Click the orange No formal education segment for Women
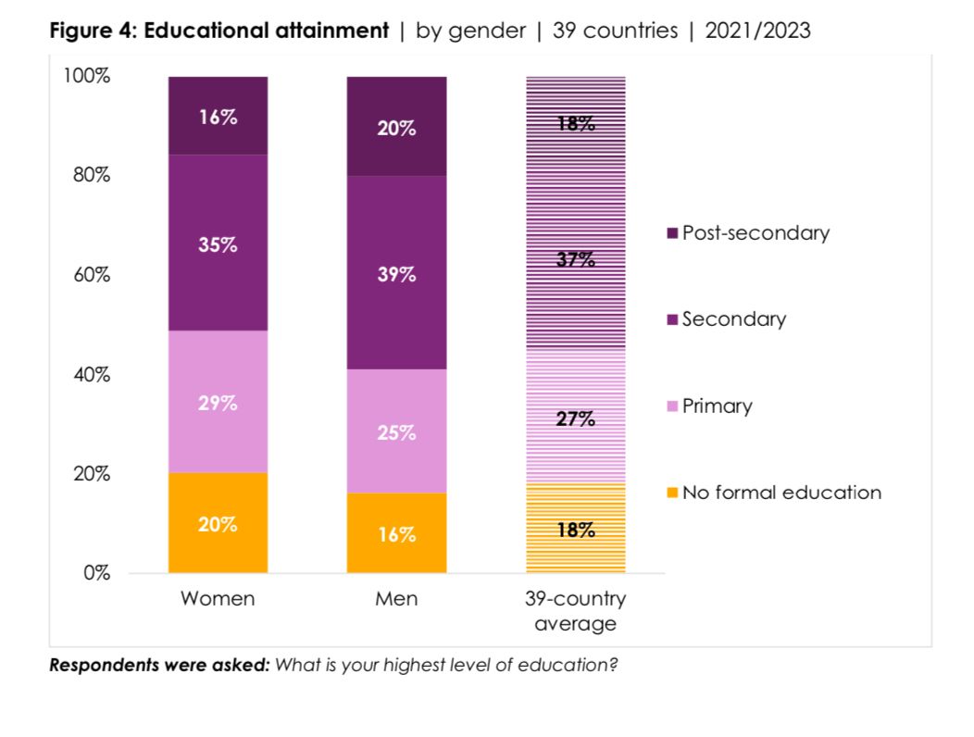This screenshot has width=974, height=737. (218, 523)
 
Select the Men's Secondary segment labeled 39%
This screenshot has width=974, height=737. (396, 273)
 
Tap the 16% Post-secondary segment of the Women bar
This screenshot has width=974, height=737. (218, 116)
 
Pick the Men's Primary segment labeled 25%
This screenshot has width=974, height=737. (396, 431)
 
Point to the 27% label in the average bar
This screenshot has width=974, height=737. (576, 419)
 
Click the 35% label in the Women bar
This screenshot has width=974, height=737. (218, 245)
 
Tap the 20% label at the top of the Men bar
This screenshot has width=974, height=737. (396, 129)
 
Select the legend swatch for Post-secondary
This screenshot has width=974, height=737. (672, 233)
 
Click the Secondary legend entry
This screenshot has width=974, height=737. (733, 319)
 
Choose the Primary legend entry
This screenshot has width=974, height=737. (717, 406)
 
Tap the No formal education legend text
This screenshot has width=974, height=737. (781, 493)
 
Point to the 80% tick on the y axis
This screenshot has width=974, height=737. (87, 175)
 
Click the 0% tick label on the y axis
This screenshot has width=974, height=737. (94, 573)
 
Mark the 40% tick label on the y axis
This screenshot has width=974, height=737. (87, 374)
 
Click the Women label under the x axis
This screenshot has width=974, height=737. (218, 599)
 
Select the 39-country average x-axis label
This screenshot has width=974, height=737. (576, 611)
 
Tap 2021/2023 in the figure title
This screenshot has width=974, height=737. (757, 31)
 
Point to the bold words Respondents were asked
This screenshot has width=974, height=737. (158, 665)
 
